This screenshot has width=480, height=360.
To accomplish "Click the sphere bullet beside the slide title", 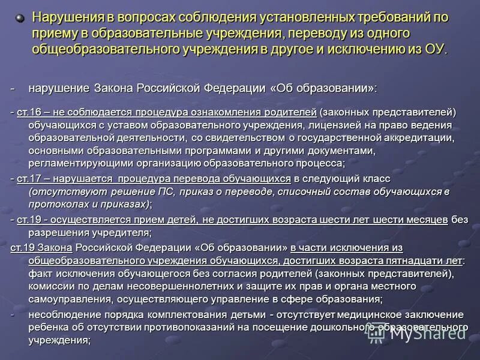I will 20,18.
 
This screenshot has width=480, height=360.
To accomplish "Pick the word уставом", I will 116,125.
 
